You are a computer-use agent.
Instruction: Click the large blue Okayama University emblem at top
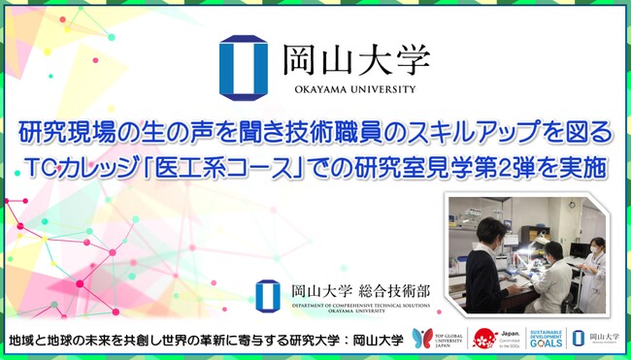243,68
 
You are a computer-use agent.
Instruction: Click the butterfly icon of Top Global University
422,338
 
